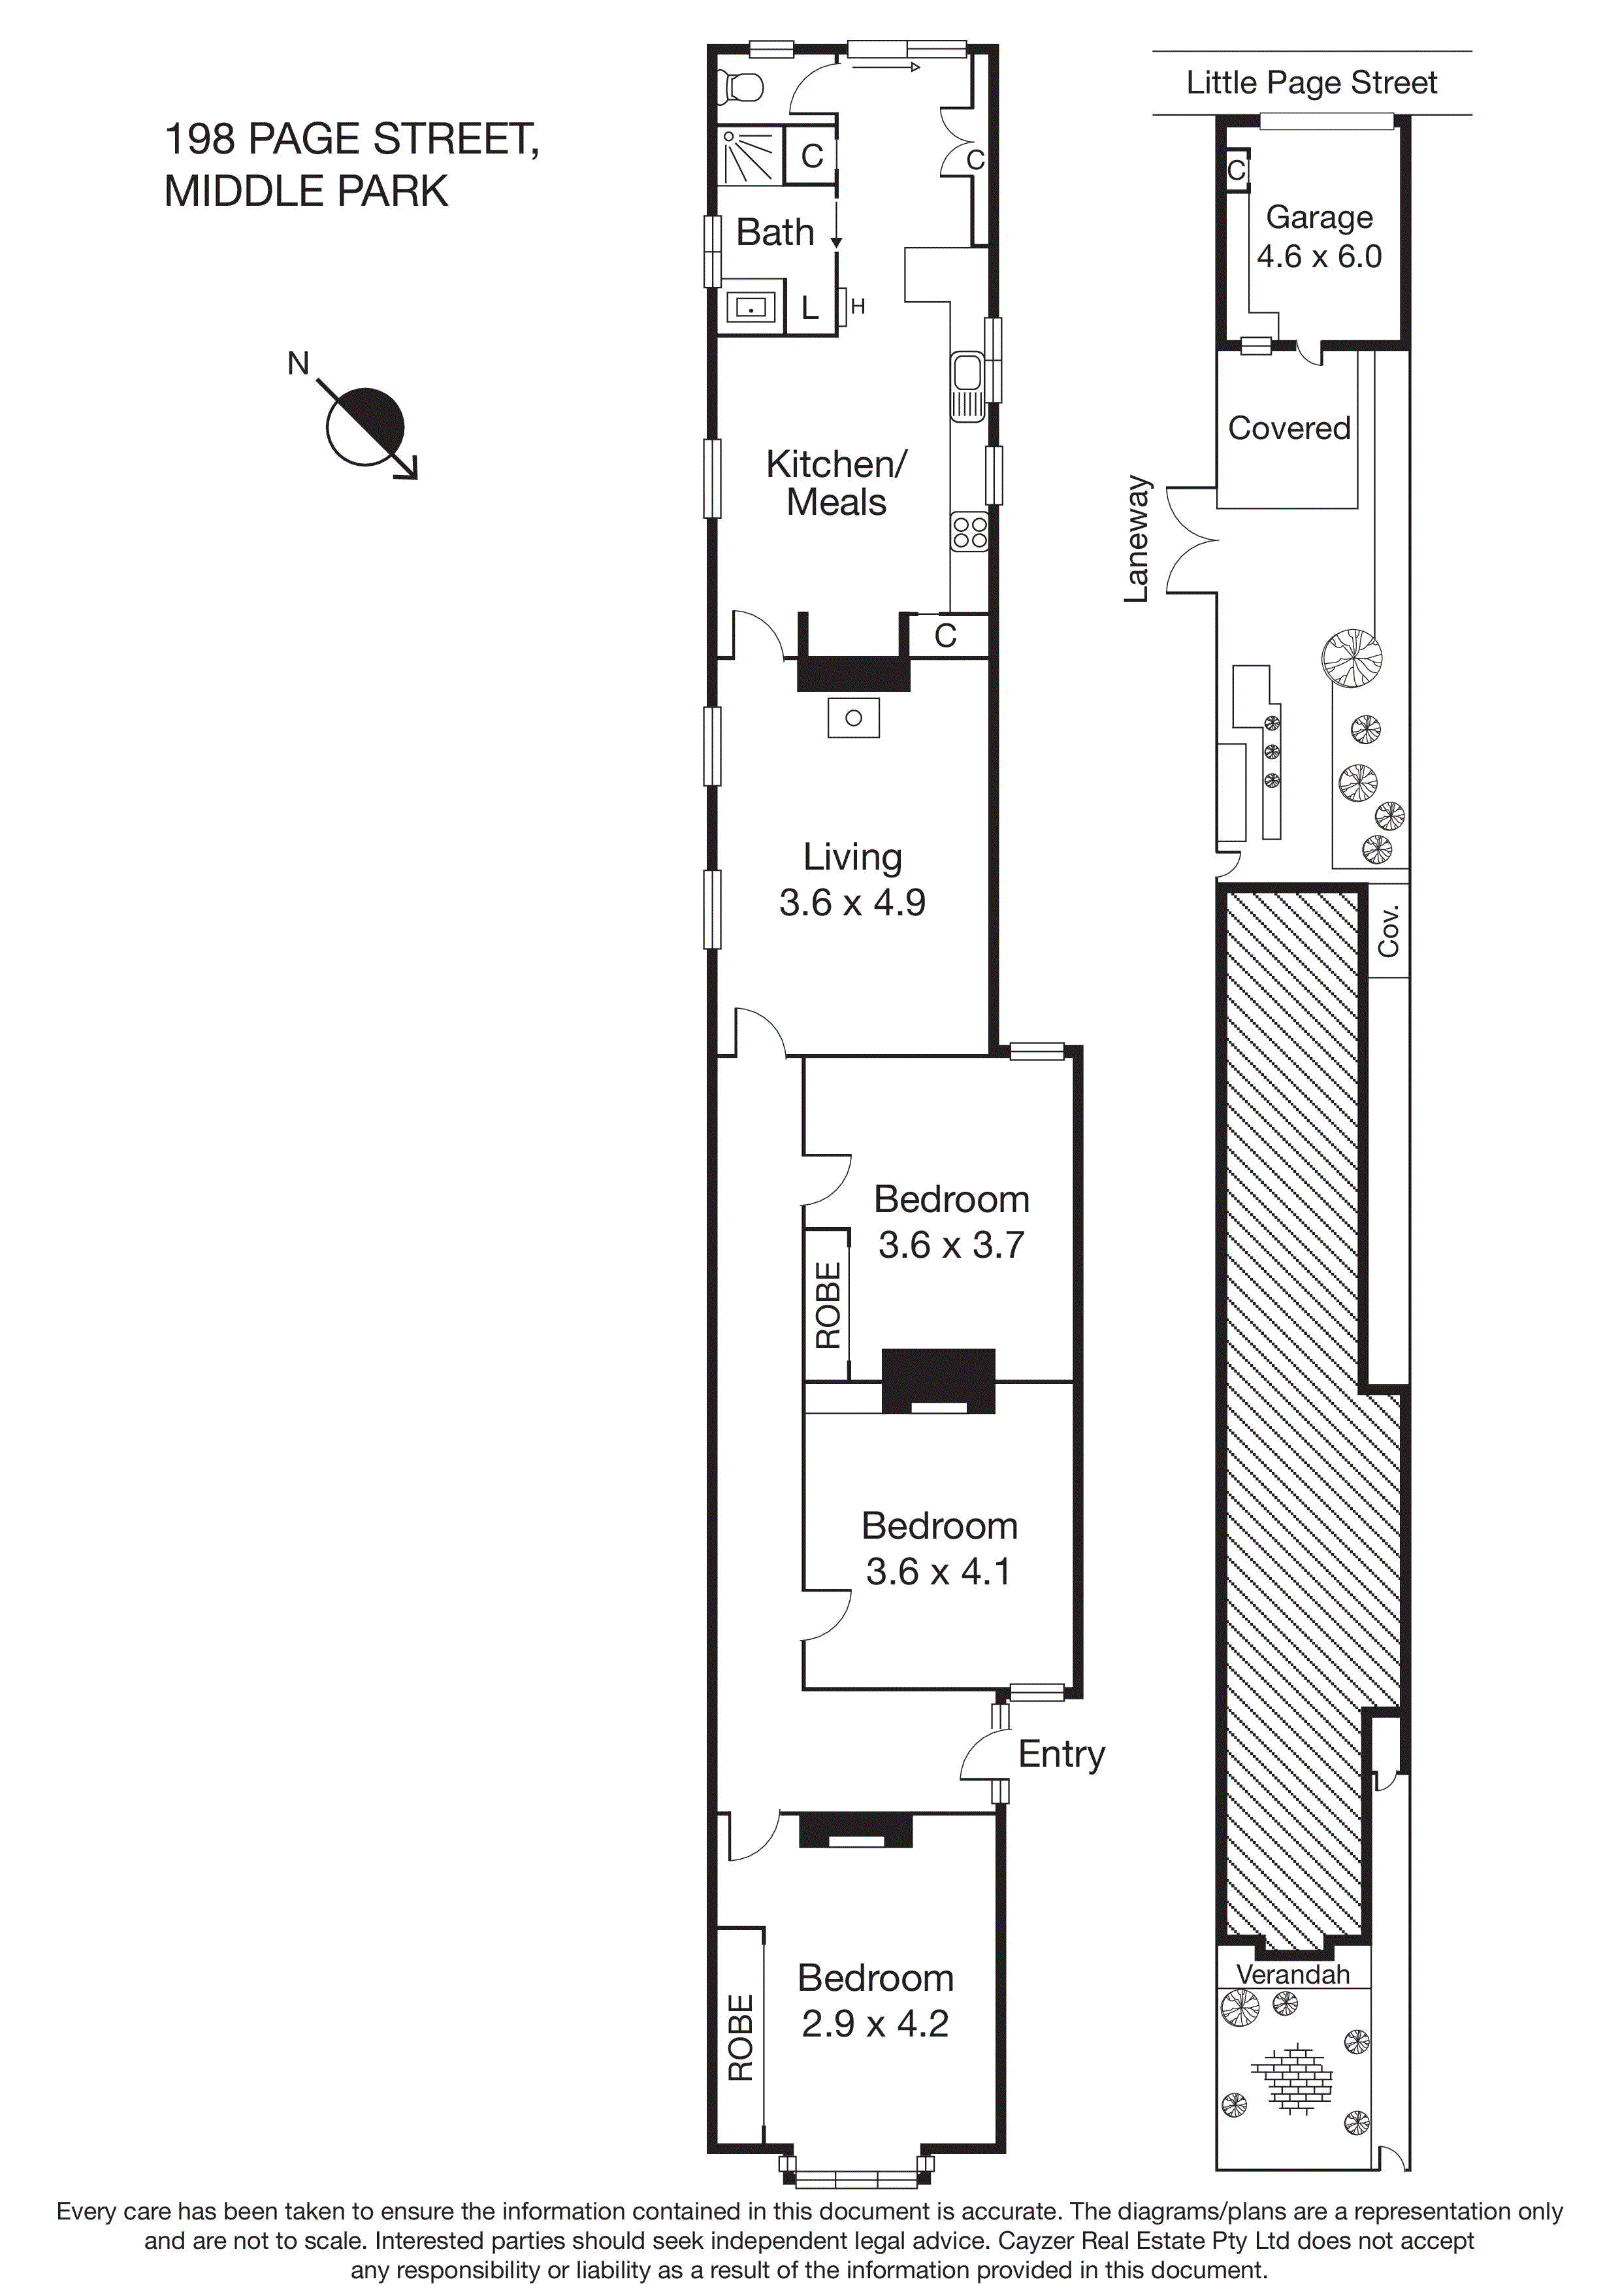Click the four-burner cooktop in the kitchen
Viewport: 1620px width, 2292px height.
(969, 531)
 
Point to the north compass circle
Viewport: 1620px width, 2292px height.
(365, 426)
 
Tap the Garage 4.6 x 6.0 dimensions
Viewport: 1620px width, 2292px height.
(1319, 257)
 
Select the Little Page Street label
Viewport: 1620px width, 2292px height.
(1310, 83)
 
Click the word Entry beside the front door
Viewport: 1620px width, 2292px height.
(1061, 1754)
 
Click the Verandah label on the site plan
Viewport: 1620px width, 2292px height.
(1293, 1974)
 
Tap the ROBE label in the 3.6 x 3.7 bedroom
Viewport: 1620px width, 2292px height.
(828, 1305)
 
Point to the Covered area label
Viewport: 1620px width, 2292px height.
(1289, 428)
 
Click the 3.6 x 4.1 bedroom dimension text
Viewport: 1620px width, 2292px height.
(937, 1571)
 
